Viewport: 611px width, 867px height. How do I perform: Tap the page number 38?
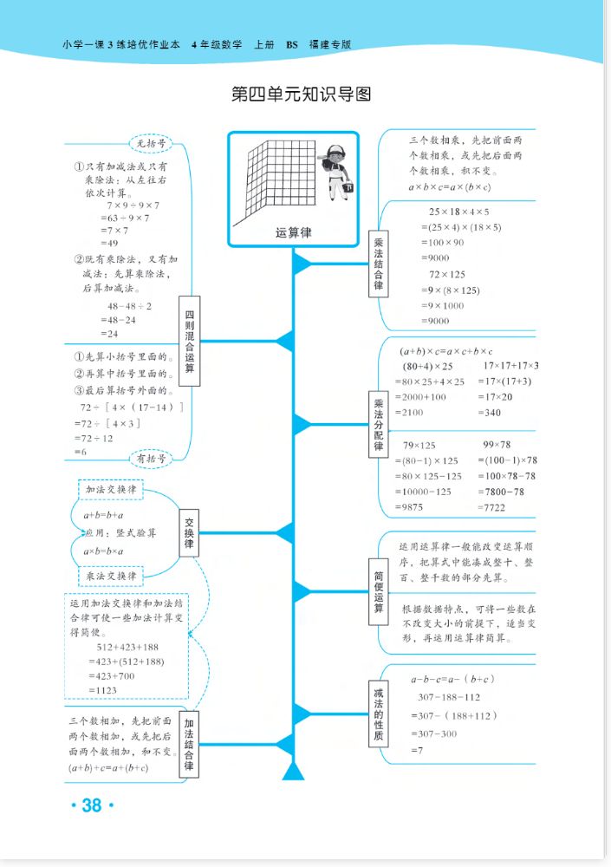coord(91,805)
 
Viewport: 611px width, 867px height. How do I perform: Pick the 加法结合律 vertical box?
coord(189,743)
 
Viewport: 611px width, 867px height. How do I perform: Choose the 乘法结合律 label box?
coord(379,264)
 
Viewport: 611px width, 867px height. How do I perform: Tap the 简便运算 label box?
coord(379,590)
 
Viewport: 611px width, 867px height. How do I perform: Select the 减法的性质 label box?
coord(378,714)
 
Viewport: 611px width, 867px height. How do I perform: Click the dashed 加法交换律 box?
coord(110,490)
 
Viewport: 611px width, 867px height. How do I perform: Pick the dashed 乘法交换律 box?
coord(110,575)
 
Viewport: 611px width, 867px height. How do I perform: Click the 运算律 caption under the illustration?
coord(293,232)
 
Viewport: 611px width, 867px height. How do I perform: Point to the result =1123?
coord(103,690)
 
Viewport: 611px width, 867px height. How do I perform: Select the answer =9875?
coord(411,506)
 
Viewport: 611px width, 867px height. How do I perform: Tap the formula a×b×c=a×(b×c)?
coord(449,186)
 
